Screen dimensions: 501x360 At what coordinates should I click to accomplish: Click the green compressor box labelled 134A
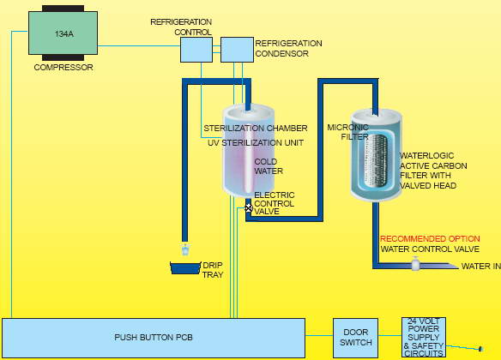[x=63, y=33]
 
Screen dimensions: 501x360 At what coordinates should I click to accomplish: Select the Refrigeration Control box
[x=196, y=50]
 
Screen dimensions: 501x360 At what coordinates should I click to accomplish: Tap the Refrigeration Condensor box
[x=237, y=50]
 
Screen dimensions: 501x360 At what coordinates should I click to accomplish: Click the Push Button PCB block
[x=154, y=338]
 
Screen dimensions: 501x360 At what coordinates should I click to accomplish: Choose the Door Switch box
[x=356, y=338]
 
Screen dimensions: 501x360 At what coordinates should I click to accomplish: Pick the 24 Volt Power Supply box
[x=424, y=338]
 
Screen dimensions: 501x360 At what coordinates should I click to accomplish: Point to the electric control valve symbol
[x=249, y=208]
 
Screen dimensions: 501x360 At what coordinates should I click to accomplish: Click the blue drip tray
[x=185, y=268]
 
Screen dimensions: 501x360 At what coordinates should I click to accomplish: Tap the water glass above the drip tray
[x=185, y=249]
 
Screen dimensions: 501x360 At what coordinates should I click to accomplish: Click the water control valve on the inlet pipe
[x=415, y=264]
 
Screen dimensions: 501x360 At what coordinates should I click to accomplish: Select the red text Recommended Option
[x=430, y=239]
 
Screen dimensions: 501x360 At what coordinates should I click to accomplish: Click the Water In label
[x=481, y=266]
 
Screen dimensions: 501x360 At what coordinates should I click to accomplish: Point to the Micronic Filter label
[x=348, y=132]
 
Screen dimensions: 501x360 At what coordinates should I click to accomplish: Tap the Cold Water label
[x=269, y=166]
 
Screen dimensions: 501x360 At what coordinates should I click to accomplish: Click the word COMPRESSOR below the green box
[x=63, y=68]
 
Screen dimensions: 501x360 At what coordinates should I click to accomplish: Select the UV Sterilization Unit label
[x=256, y=142]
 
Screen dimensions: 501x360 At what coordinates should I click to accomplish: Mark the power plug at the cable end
[x=480, y=349]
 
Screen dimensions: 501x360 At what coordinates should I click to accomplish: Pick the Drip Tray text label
[x=213, y=270]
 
